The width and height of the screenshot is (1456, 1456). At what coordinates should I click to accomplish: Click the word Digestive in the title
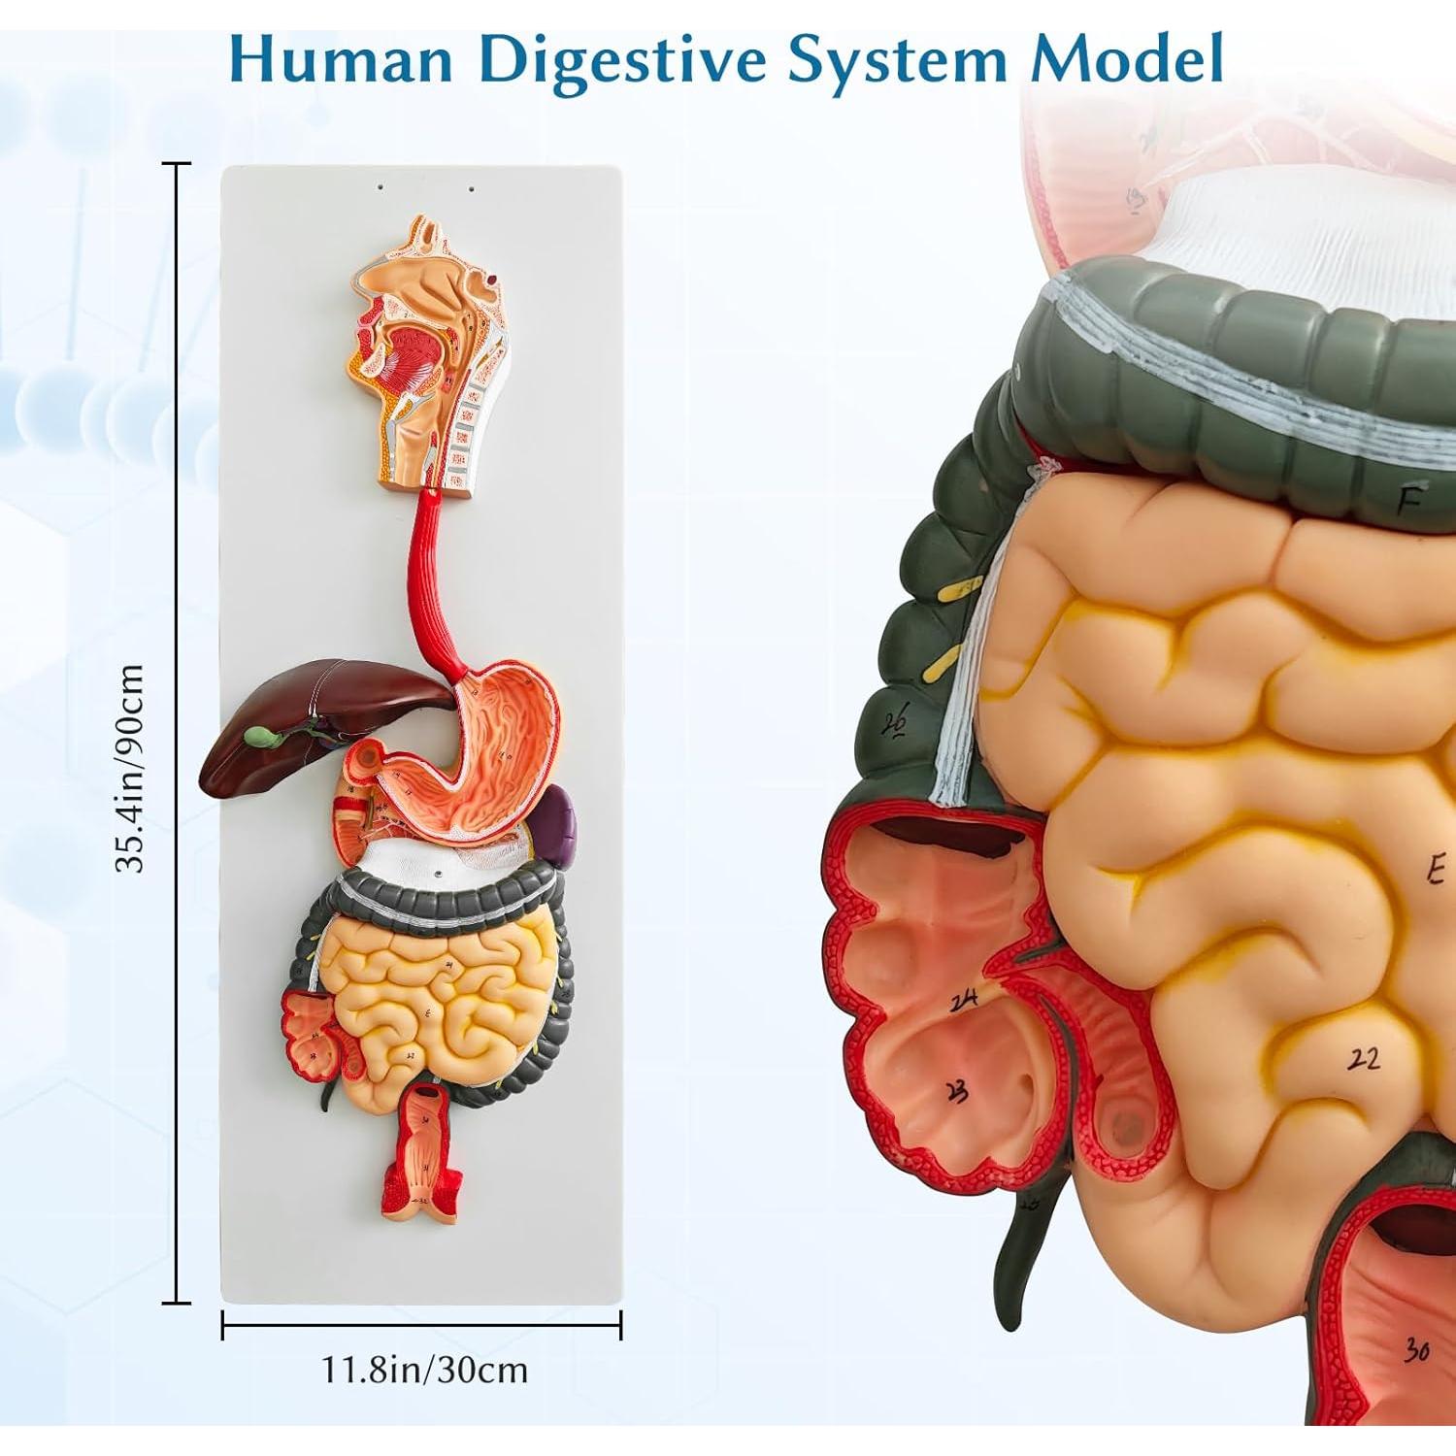[x=625, y=60]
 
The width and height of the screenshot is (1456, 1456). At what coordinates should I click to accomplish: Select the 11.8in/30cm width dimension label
[x=424, y=1370]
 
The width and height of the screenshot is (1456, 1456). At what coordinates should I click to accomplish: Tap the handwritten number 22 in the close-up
[x=1364, y=1058]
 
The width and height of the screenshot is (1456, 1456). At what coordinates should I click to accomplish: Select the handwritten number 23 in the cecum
[x=956, y=1092]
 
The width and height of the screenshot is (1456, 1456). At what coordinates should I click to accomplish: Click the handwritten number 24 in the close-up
[x=963, y=1002]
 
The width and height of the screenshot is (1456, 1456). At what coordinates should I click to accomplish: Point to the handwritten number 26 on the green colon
[x=894, y=723]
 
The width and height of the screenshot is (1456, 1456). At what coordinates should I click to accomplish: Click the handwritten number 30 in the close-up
[x=1416, y=1350]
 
